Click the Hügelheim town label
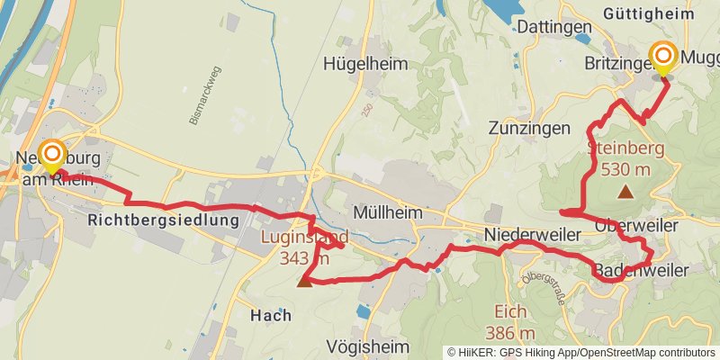tap(366, 64)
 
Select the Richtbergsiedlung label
tap(164, 220)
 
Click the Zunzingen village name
tap(530, 128)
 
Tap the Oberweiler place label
tap(636, 226)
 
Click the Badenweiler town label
tap(640, 270)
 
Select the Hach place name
tap(271, 316)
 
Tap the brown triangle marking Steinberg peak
tap(625, 191)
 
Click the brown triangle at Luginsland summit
tap(305, 281)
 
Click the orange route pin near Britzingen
tap(663, 58)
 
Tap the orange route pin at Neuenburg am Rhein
tap(52, 157)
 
